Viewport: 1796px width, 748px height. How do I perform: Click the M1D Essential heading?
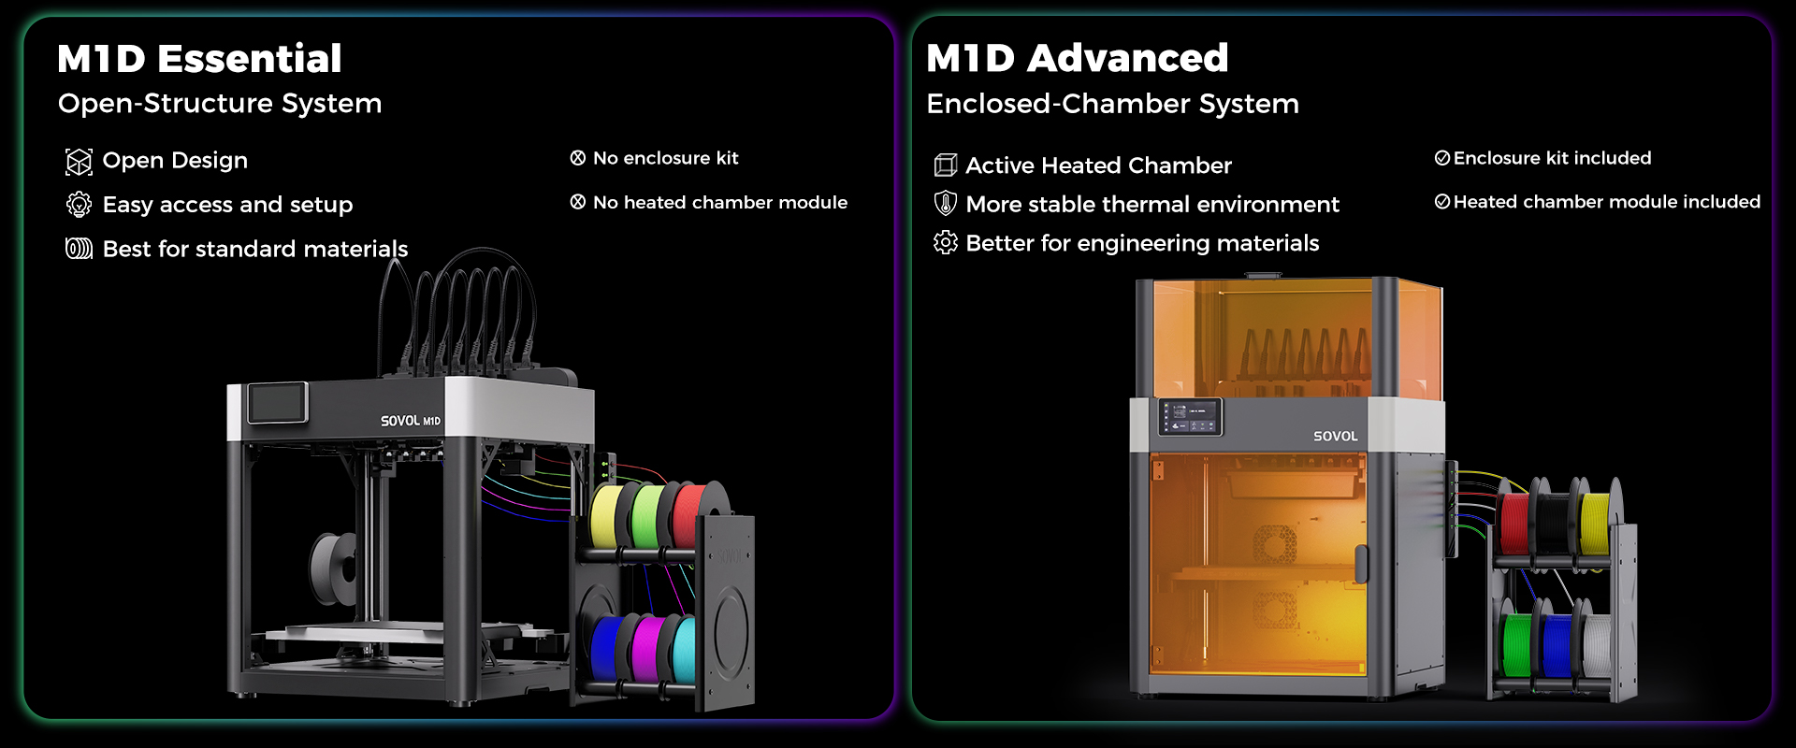(x=199, y=59)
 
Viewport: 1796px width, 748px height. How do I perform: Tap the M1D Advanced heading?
(x=1077, y=58)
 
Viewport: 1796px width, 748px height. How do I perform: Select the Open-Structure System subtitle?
(x=220, y=104)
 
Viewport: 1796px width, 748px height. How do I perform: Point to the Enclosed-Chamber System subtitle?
(x=1112, y=104)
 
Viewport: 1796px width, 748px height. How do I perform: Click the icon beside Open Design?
(x=79, y=162)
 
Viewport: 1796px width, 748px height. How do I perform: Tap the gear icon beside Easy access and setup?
(x=79, y=205)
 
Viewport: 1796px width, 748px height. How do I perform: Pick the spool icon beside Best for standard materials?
(x=79, y=249)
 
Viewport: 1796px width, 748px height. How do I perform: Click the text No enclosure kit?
(x=665, y=158)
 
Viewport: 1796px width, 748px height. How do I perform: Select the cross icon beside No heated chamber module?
(x=578, y=202)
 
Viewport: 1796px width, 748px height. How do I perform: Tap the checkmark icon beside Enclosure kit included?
(x=1442, y=158)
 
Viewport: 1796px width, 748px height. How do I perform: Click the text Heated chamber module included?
(x=1606, y=202)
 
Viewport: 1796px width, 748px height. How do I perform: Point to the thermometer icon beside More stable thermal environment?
(x=946, y=203)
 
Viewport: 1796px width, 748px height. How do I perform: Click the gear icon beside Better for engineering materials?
(x=945, y=242)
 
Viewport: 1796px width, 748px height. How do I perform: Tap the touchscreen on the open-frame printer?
(x=277, y=403)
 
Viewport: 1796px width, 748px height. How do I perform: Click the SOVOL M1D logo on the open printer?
(x=410, y=421)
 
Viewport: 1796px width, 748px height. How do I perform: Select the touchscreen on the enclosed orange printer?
(x=1191, y=417)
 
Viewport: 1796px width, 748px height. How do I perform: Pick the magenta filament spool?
(x=646, y=648)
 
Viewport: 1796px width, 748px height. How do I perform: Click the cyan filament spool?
(x=684, y=649)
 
